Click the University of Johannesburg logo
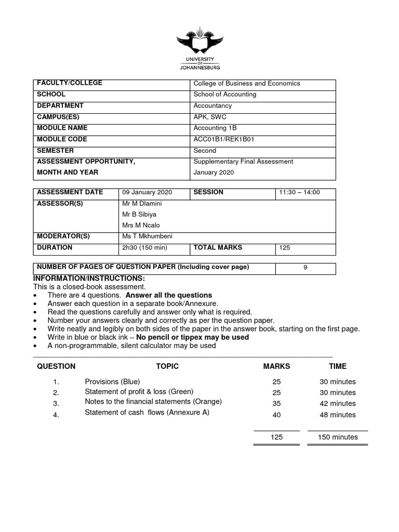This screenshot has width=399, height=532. point(199,49)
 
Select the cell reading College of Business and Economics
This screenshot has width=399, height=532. point(247,83)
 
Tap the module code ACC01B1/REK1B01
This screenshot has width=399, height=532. point(223,139)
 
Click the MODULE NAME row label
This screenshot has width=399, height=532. point(62,128)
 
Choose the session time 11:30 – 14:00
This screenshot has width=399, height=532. point(300,192)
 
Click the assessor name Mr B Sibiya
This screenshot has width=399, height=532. point(139,214)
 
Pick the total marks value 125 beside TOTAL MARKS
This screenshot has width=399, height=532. point(285,248)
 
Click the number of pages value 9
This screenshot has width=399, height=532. point(305,268)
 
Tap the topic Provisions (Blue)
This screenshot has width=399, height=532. point(112,381)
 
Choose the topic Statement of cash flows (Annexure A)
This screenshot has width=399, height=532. point(147,413)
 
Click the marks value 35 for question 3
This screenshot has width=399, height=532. point(276,404)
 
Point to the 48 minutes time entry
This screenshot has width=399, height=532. point(338,415)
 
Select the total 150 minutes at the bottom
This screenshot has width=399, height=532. point(338,437)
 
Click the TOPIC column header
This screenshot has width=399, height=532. point(167,366)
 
